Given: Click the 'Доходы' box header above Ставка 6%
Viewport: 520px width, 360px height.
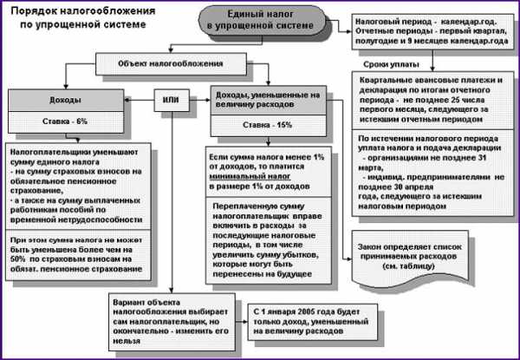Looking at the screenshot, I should [x=58, y=99].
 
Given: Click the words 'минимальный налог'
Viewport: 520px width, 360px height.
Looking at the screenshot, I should [x=250, y=179].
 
